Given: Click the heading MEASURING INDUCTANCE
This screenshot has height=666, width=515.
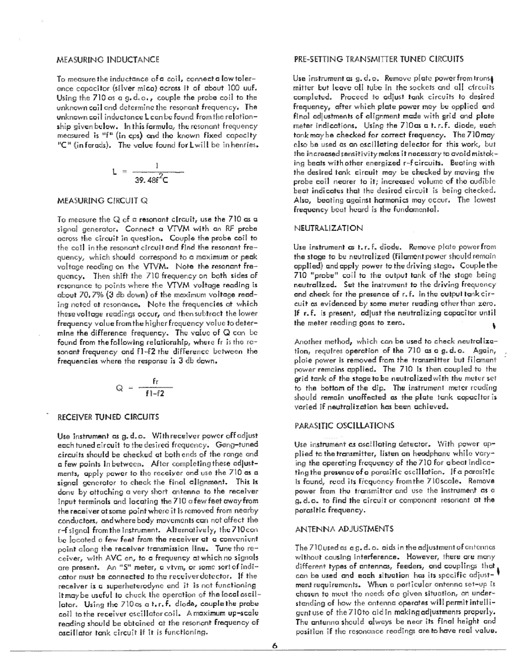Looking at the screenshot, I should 108,59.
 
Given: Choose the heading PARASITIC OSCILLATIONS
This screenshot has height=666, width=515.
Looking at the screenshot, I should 345,425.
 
